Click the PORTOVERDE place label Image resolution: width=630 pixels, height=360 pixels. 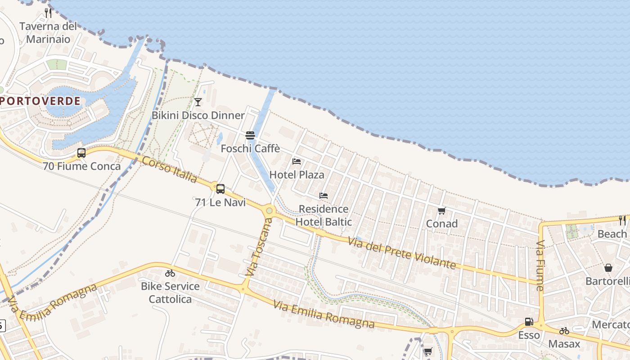click(40, 101)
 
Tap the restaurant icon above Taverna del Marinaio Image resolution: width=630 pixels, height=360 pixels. click(48, 13)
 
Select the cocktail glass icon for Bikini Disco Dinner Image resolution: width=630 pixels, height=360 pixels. click(198, 102)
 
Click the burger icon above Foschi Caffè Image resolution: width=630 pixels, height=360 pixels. click(250, 135)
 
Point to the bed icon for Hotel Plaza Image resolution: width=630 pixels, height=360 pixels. click(297, 161)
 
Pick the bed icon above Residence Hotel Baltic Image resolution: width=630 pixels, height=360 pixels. click(324, 196)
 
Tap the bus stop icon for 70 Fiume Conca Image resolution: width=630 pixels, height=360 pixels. click(81, 153)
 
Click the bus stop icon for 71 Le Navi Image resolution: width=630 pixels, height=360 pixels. click(220, 189)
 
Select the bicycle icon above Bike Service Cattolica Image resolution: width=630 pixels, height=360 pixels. click(170, 273)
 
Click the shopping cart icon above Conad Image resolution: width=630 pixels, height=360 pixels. click(441, 211)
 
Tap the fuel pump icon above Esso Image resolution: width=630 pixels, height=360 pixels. click(529, 322)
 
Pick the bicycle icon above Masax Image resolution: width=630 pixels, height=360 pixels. click(564, 331)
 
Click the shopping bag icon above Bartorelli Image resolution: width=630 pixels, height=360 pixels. click(608, 268)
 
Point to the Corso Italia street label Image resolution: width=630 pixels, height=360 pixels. click(170, 170)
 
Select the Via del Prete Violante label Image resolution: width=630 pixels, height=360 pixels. click(402, 253)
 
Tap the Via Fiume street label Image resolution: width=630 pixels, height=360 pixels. click(540, 265)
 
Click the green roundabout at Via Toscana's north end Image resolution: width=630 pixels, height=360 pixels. click(269, 210)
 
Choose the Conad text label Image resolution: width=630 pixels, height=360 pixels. click(442, 224)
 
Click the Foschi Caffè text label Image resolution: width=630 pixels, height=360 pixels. click(250, 148)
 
